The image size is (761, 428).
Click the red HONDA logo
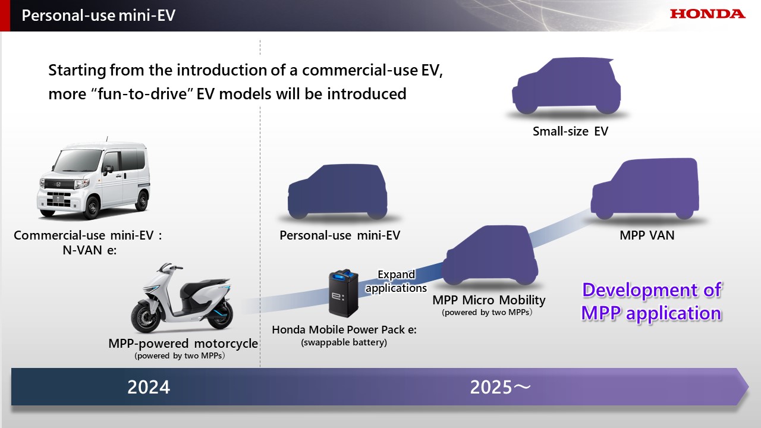coord(707,14)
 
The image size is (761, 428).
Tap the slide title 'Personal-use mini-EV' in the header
coord(98,15)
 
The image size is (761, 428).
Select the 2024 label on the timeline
coord(149,387)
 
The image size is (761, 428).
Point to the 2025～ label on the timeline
coord(500,387)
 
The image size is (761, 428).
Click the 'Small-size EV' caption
coord(570,131)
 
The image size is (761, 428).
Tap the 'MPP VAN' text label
coord(647,235)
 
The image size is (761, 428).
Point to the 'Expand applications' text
coord(396,281)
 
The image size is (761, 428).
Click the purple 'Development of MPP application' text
coord(651,301)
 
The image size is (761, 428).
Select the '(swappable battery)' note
coord(344,342)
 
